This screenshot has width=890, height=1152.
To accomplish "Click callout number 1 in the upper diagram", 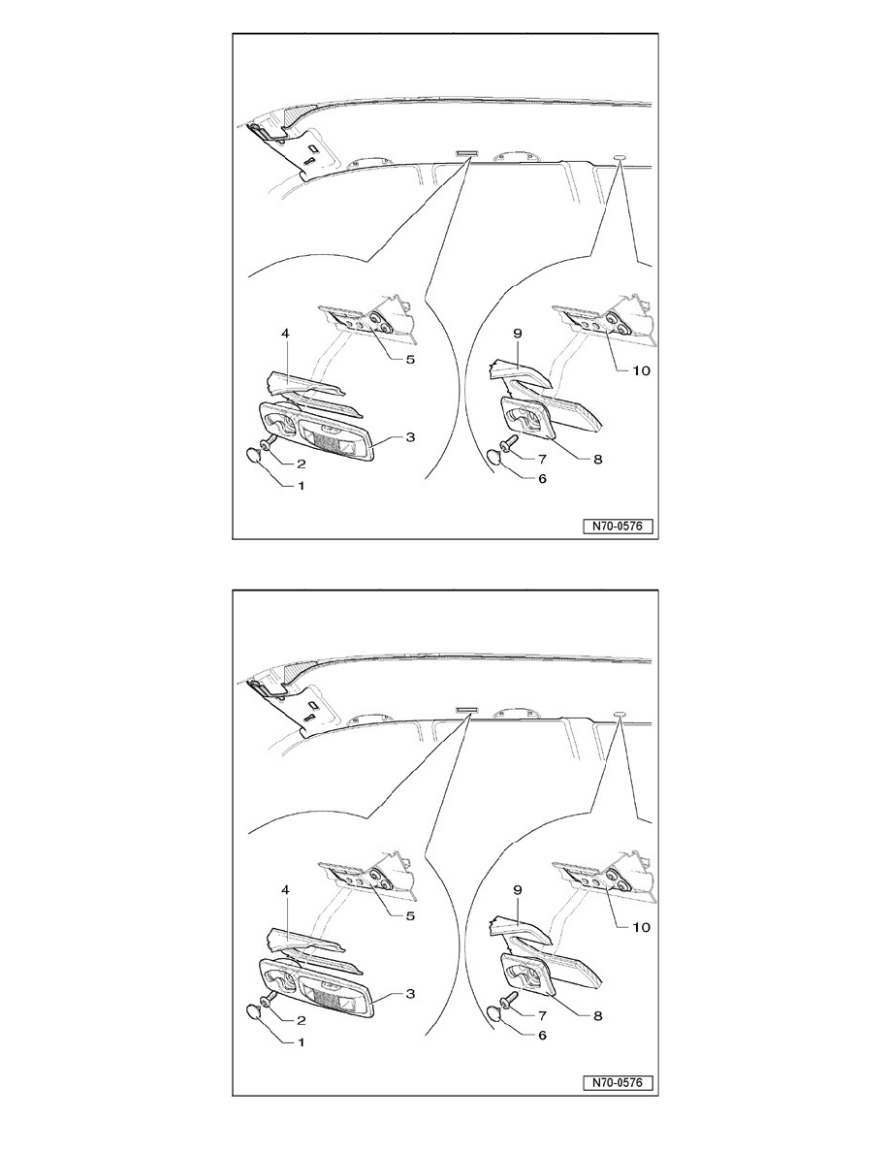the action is click(300, 486).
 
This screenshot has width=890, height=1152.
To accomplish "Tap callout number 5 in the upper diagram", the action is click(410, 359).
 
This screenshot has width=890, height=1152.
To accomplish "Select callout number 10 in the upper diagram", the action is click(641, 370).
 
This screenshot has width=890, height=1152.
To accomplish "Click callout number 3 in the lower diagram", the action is click(410, 993).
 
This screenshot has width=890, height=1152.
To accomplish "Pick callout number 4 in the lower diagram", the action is click(285, 890).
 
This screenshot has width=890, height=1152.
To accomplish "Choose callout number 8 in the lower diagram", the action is click(597, 1015).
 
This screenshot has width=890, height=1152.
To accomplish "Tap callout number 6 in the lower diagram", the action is click(543, 1035).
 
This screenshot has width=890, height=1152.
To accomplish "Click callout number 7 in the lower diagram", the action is click(543, 1015).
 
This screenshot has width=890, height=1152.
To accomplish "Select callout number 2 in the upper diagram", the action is click(300, 464).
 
